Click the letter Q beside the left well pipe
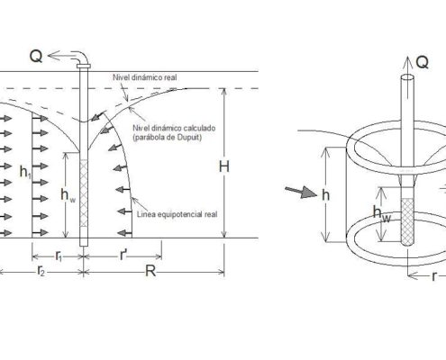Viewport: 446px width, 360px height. pyautogui.click(x=36, y=56)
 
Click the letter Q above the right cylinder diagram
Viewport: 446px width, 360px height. pyautogui.click(x=423, y=62)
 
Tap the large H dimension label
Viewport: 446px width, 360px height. pyautogui.click(x=224, y=166)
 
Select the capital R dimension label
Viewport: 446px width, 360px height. pyautogui.click(x=150, y=271)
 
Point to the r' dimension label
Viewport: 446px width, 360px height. pyautogui.click(x=123, y=256)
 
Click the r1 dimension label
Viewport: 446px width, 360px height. pyautogui.click(x=59, y=256)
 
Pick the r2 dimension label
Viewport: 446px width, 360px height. pyautogui.click(x=41, y=271)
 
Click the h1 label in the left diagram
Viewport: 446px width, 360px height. pyautogui.click(x=25, y=172)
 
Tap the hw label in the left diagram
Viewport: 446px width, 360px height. pyautogui.click(x=68, y=195)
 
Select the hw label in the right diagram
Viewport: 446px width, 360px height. pyautogui.click(x=382, y=213)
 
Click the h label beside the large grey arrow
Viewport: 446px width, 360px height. pyautogui.click(x=326, y=195)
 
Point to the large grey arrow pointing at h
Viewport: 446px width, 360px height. pyautogui.click(x=301, y=192)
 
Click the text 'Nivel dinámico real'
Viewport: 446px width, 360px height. pyautogui.click(x=145, y=77)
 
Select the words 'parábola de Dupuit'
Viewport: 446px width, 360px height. pyautogui.click(x=168, y=138)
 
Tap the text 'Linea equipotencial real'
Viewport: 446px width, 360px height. pyautogui.click(x=177, y=214)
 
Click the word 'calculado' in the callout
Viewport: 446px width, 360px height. pyautogui.click(x=199, y=128)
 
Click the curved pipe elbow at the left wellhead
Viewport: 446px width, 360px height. pyautogui.click(x=82, y=57)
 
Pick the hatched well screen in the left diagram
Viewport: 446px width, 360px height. pyautogui.click(x=84, y=193)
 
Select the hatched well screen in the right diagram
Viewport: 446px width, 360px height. pyautogui.click(x=407, y=221)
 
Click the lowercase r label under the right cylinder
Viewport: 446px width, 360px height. pyautogui.click(x=433, y=276)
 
